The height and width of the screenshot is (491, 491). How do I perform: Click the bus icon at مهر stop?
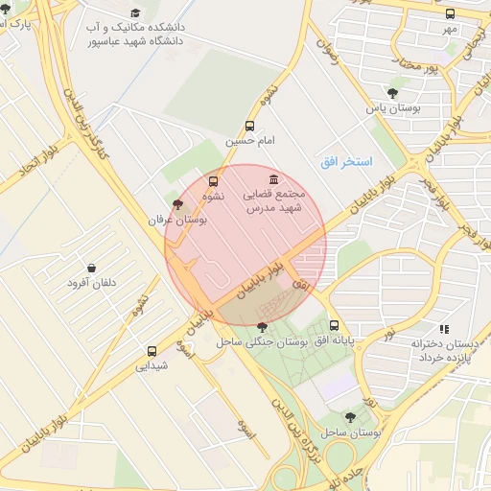click(x=451, y=13)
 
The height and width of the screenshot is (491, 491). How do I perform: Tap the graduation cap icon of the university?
click(x=135, y=12)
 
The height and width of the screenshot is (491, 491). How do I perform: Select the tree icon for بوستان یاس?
click(x=392, y=92)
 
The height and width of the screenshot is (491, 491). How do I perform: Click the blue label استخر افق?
click(x=346, y=162)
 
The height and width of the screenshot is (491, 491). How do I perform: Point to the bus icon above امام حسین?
click(x=250, y=125)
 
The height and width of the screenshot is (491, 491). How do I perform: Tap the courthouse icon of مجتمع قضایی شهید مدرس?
click(x=274, y=179)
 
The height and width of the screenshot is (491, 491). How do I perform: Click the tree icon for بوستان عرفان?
click(x=176, y=203)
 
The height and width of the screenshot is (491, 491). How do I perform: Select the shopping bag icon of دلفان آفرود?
click(x=91, y=268)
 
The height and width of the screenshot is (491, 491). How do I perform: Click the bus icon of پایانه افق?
click(x=334, y=325)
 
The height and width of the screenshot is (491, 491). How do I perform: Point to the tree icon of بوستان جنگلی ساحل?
click(x=262, y=327)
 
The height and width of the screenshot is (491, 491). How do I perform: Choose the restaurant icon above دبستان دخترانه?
click(x=443, y=329)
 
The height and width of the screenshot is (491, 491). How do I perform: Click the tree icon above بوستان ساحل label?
click(x=349, y=417)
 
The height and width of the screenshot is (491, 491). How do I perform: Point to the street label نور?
click(x=388, y=332)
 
